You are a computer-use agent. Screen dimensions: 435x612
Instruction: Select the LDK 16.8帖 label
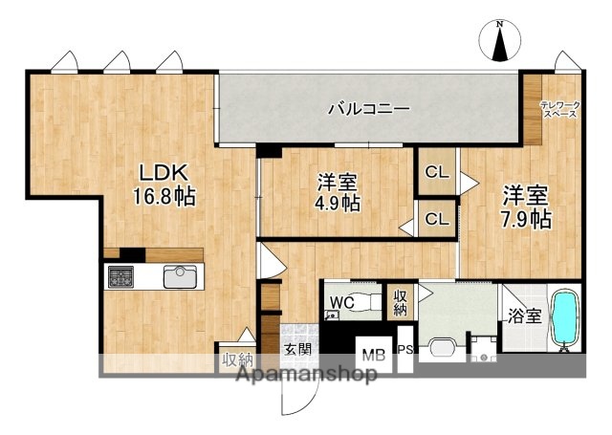[164, 185]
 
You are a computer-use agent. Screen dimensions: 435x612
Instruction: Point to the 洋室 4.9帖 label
[339, 191]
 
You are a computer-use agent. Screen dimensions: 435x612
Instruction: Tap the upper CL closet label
[437, 173]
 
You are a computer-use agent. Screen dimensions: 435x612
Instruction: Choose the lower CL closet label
[437, 219]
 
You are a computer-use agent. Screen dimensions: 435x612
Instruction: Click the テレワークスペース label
[559, 109]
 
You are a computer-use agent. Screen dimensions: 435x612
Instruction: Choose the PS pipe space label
[404, 349]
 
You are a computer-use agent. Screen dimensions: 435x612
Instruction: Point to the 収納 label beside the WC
[399, 302]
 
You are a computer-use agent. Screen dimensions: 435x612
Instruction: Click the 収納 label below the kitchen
[237, 359]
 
